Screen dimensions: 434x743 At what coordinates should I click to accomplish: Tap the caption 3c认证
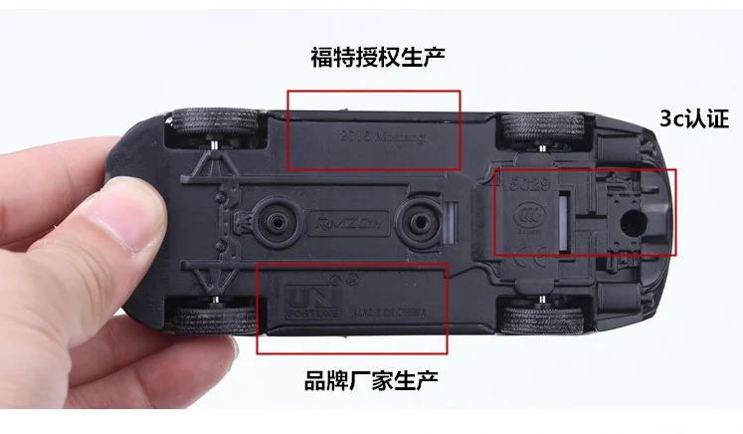pos(697,118)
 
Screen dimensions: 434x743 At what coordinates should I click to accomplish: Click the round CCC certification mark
pos(527,212)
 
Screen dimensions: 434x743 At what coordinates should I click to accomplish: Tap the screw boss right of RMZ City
pos(418,218)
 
